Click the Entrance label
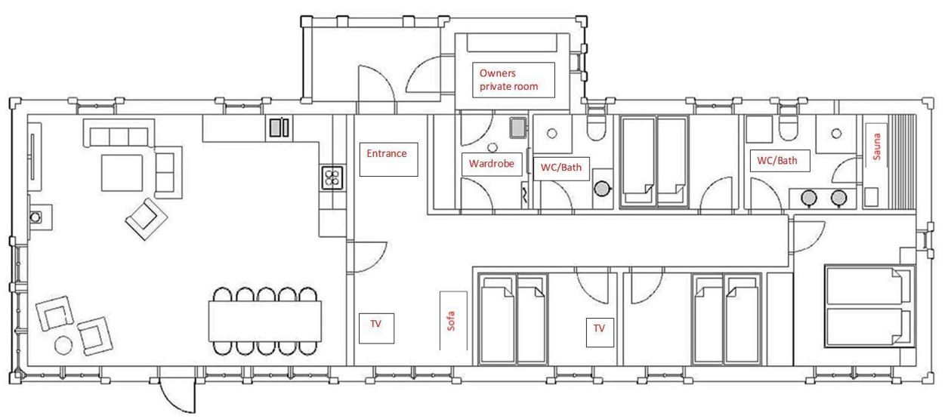(387, 153)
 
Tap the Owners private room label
(508, 80)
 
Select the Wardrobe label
(492, 164)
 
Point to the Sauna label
(877, 146)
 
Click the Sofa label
(450, 321)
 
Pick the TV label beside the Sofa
(375, 324)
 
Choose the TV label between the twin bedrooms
(599, 328)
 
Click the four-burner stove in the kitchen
(332, 177)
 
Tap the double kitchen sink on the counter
(279, 128)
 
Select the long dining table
(265, 321)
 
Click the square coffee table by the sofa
(122, 173)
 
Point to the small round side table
(63, 345)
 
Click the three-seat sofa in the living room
(119, 133)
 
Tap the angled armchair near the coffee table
(146, 219)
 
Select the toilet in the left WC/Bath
(596, 128)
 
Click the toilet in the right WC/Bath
(788, 128)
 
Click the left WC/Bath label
(561, 168)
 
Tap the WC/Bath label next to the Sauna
(777, 161)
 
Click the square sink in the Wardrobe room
(518, 128)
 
